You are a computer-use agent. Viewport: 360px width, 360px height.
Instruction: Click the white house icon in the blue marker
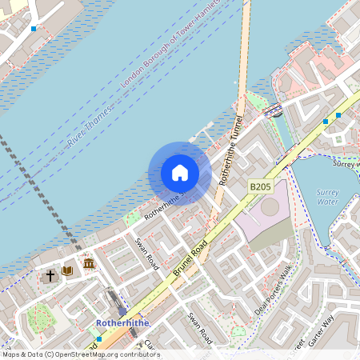click(x=180, y=173)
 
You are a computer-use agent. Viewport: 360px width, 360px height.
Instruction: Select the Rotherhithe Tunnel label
click(x=230, y=150)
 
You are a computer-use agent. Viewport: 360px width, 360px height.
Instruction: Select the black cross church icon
click(x=50, y=275)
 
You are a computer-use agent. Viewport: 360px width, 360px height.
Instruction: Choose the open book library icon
click(x=67, y=271)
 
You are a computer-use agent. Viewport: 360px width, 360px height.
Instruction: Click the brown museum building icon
click(x=89, y=263)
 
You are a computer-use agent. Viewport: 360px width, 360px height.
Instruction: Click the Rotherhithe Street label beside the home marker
click(x=164, y=202)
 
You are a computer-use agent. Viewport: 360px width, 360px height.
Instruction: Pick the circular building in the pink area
click(x=270, y=206)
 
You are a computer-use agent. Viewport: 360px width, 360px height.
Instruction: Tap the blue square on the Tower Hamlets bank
click(x=34, y=28)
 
